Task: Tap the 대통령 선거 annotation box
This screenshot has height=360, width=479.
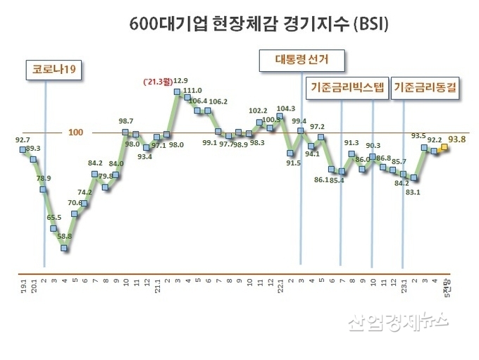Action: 301,61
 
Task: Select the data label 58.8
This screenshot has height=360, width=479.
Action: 65,236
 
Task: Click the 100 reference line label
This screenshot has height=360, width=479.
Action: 76,132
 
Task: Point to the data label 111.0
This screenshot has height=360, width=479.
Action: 192,90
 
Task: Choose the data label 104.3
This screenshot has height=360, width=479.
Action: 286,108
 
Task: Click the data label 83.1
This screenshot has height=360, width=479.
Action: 413,191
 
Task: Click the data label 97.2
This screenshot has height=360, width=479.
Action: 317,126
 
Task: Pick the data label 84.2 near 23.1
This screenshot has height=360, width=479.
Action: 402,183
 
